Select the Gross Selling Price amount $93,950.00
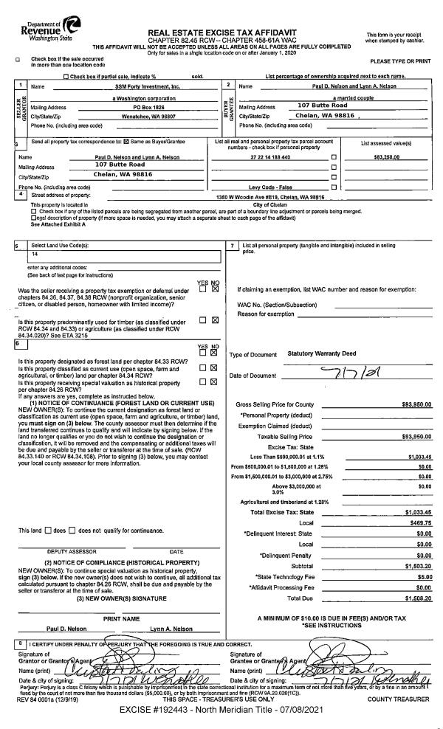(x=416, y=404)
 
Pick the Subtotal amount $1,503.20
(x=416, y=565)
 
